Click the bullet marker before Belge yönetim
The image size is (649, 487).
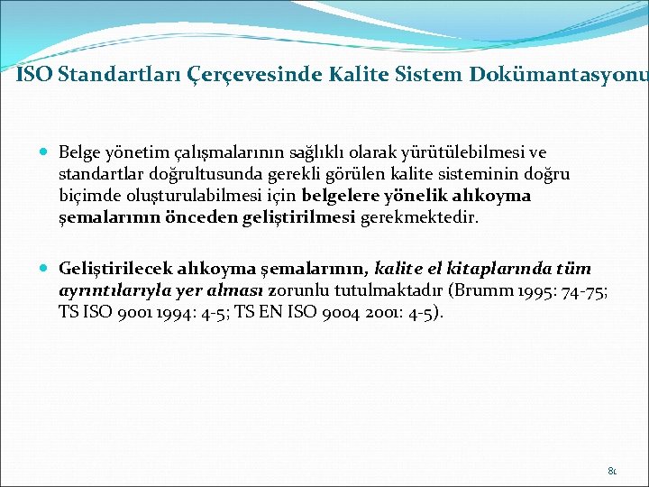45,153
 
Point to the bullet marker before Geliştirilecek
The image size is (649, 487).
45,269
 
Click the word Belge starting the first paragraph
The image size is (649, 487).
78,153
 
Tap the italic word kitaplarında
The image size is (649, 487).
498,269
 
